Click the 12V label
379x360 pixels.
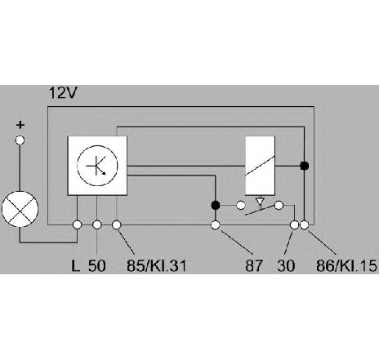(63, 93)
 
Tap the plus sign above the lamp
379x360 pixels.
(20, 125)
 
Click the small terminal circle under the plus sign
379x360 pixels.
(20, 140)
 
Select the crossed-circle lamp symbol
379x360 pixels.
(20, 209)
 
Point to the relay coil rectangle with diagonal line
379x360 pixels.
(260, 166)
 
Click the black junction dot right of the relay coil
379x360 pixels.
(304, 166)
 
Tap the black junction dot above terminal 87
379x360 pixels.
(216, 205)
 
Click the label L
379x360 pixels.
(75, 266)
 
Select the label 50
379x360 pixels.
(96, 266)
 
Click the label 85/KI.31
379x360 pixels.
(157, 266)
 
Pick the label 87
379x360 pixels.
(254, 266)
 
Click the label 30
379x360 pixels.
(286, 266)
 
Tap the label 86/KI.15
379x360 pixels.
(346, 266)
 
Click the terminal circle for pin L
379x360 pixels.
(78, 225)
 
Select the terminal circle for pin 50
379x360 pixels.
(97, 225)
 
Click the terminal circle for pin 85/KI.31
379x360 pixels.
(117, 225)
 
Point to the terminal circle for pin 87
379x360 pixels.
(216, 225)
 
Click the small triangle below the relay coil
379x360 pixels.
(260, 201)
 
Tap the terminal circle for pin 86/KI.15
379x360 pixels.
(305, 225)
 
